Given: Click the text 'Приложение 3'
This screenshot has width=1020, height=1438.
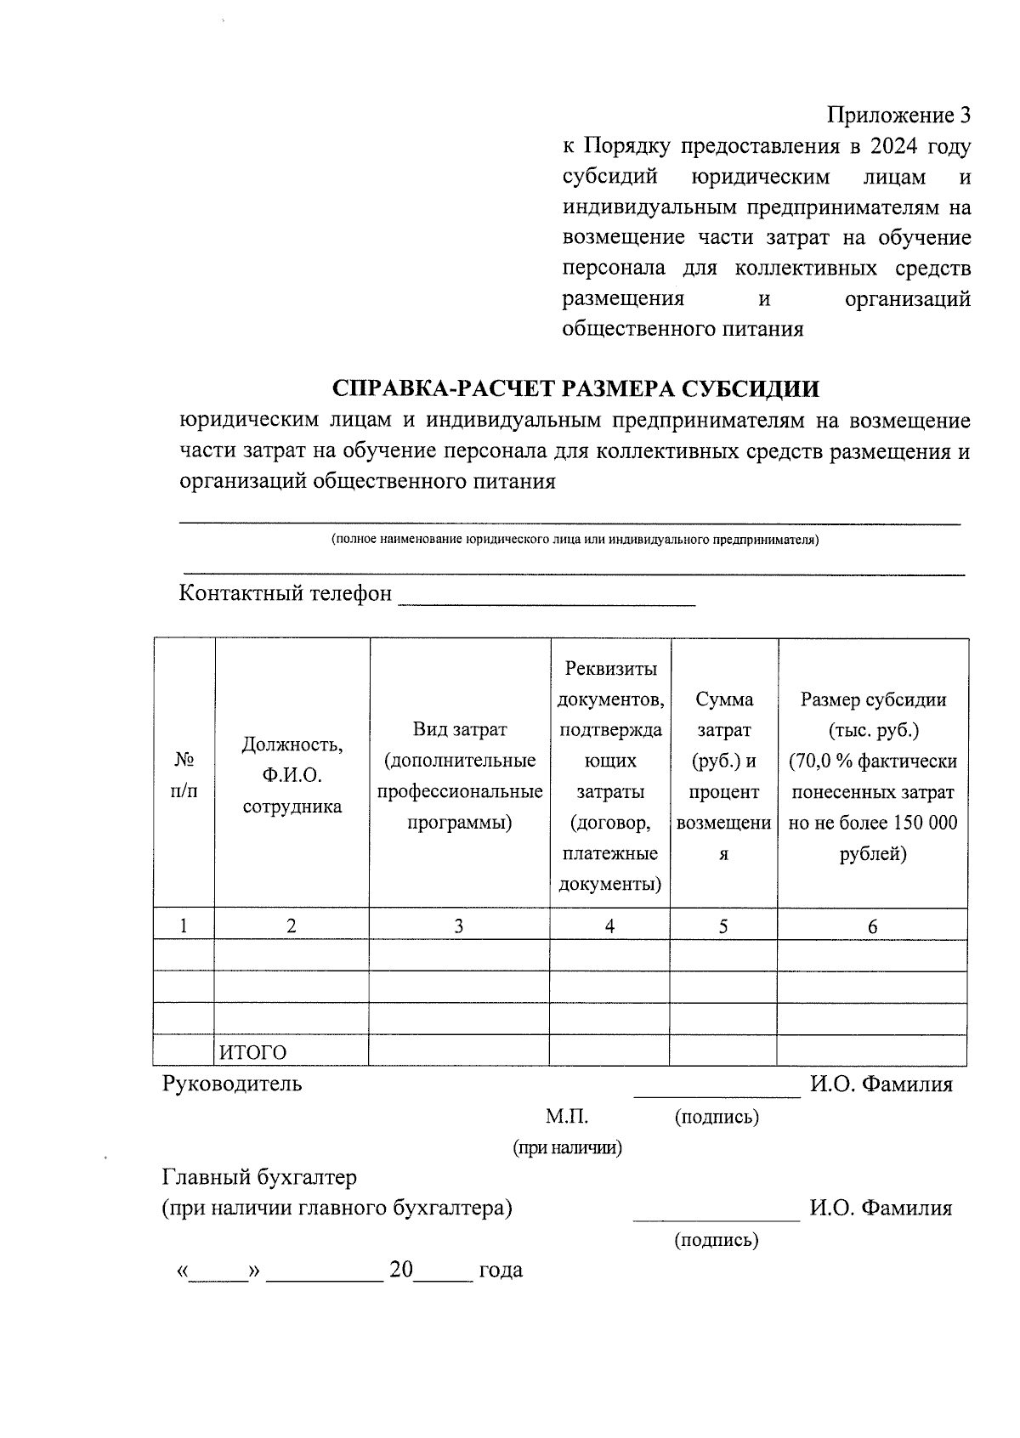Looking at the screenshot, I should [898, 115].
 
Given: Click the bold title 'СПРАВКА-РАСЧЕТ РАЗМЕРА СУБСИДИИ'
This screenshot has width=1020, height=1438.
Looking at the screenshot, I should [575, 388].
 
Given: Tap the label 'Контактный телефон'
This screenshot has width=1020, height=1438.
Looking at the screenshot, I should [286, 592].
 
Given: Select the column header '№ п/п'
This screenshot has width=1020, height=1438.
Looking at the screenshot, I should [184, 774].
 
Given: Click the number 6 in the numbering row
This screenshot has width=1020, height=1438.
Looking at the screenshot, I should [872, 926].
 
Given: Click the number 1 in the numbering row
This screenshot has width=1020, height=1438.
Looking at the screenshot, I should [184, 926].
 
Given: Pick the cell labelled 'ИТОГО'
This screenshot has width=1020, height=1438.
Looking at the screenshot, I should [253, 1052].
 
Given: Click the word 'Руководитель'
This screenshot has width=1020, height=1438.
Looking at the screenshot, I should [232, 1084].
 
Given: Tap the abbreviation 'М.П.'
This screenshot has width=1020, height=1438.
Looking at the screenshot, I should [566, 1117].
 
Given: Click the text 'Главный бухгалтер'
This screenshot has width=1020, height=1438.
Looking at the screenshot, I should [259, 1177].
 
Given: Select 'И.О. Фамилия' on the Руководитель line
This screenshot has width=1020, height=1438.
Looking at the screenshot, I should [881, 1084].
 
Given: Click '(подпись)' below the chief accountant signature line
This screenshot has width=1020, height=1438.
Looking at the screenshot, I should [716, 1240].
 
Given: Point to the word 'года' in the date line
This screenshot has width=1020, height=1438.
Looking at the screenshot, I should [501, 1270].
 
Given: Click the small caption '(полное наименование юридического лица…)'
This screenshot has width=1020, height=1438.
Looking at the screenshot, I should [575, 540].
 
